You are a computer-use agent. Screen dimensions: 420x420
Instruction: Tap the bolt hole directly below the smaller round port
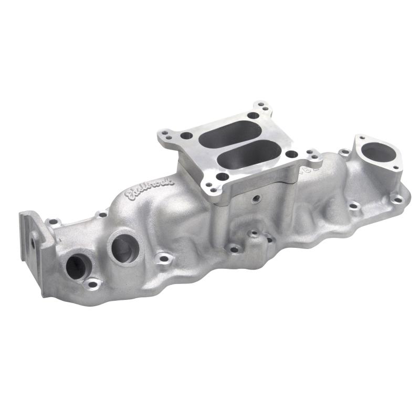point(92,284)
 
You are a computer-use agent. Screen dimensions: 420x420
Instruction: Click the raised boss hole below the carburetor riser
point(254,233)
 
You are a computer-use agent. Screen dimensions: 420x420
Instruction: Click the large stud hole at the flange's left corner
point(186,136)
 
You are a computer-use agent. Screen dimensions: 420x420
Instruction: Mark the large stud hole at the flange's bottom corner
point(222,176)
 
